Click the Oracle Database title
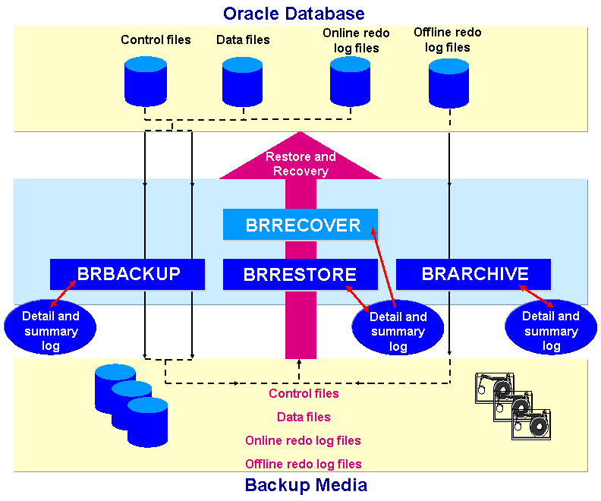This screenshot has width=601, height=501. point(294,13)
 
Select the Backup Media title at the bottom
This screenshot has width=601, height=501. point(306,485)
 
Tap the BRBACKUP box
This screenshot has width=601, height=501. point(127,273)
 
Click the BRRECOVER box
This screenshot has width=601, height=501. point(300,225)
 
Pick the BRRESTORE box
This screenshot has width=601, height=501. point(300,274)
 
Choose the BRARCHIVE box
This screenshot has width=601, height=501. point(474,273)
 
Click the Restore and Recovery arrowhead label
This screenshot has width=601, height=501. point(300,163)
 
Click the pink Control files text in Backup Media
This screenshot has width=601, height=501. point(304,393)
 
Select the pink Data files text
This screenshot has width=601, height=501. point(304,417)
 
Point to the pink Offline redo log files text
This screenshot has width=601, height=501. point(303,464)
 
